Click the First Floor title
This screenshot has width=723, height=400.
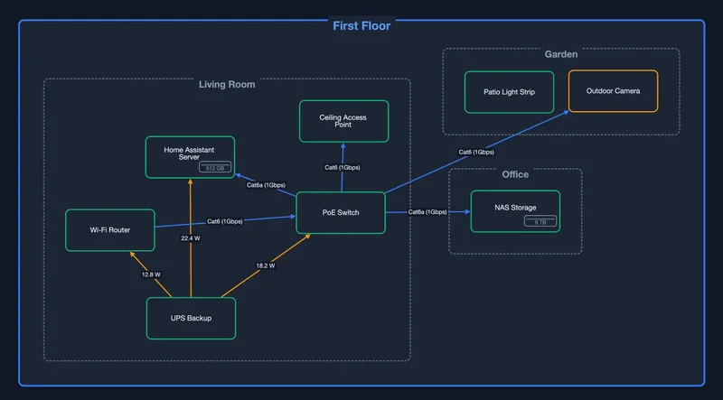361,26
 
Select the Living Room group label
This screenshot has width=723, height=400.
227,85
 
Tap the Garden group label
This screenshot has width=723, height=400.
560,55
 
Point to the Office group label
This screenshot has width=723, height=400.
515,174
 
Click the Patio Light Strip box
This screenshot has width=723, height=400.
509,91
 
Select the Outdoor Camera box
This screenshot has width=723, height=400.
613,91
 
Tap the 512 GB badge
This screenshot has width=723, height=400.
215,168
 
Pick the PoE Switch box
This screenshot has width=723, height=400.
341,213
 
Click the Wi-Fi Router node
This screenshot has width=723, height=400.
109,230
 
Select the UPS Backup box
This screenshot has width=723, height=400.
192,318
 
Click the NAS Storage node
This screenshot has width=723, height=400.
515,211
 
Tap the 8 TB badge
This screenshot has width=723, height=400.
540,221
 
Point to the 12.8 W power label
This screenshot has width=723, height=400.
150,274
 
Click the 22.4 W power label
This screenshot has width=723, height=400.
190,238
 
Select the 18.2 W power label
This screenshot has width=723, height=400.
265,266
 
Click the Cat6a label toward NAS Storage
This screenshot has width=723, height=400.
427,212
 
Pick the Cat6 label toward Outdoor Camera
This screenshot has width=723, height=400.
476,153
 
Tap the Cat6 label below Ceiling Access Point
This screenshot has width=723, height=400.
342,168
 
